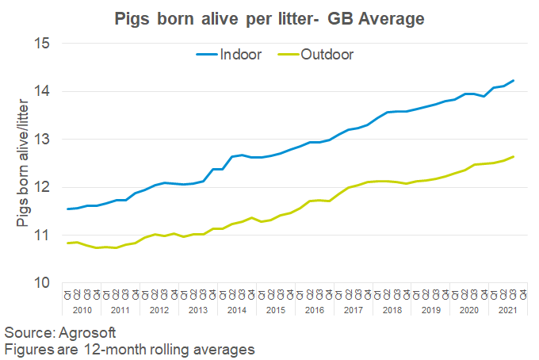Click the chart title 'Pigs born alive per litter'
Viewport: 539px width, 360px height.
(269, 17)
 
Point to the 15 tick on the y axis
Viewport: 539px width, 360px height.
(41, 44)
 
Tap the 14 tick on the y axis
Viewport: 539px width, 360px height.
(41, 91)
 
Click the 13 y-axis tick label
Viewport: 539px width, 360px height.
(41, 140)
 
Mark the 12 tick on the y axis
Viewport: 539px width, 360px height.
(41, 187)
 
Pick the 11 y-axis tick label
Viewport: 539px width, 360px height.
(41, 236)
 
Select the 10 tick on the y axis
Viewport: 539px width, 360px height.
(41, 283)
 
